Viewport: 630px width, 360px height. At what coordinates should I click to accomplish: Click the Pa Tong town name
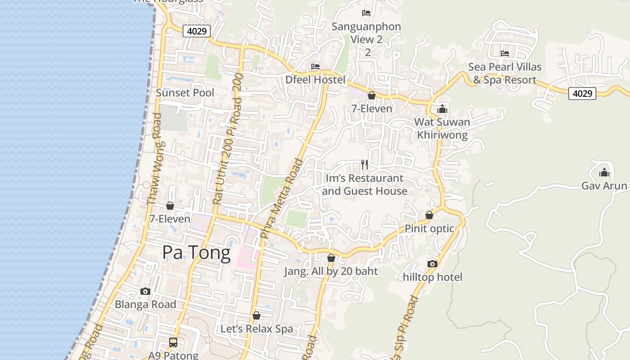tap(196, 253)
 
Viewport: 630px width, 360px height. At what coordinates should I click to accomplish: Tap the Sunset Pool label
tap(185, 93)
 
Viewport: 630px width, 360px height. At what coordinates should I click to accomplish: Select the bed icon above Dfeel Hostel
tap(315, 67)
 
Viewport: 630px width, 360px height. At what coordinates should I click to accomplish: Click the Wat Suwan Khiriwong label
tap(442, 128)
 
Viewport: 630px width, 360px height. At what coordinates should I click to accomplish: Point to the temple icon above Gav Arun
tap(604, 172)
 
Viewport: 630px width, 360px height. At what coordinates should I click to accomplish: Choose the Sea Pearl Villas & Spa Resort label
tap(504, 73)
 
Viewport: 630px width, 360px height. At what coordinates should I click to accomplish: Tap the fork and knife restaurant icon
tap(364, 165)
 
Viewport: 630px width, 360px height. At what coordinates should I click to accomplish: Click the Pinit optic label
tap(429, 229)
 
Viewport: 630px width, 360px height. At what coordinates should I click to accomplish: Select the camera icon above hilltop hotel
tap(432, 264)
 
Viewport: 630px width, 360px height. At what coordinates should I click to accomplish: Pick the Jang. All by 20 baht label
tap(331, 271)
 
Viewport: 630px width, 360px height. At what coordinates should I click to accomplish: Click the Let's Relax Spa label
tap(256, 329)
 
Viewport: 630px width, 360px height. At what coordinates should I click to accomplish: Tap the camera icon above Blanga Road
tap(145, 291)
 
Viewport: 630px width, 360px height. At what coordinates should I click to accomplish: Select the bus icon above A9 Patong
tap(173, 342)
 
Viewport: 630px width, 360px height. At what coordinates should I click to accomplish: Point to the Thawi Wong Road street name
tap(154, 159)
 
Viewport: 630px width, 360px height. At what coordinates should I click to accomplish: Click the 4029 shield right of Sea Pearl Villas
tap(582, 94)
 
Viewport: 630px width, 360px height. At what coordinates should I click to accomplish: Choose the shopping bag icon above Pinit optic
tap(429, 215)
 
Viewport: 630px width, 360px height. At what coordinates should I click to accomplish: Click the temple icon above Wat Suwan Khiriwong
tap(442, 109)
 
